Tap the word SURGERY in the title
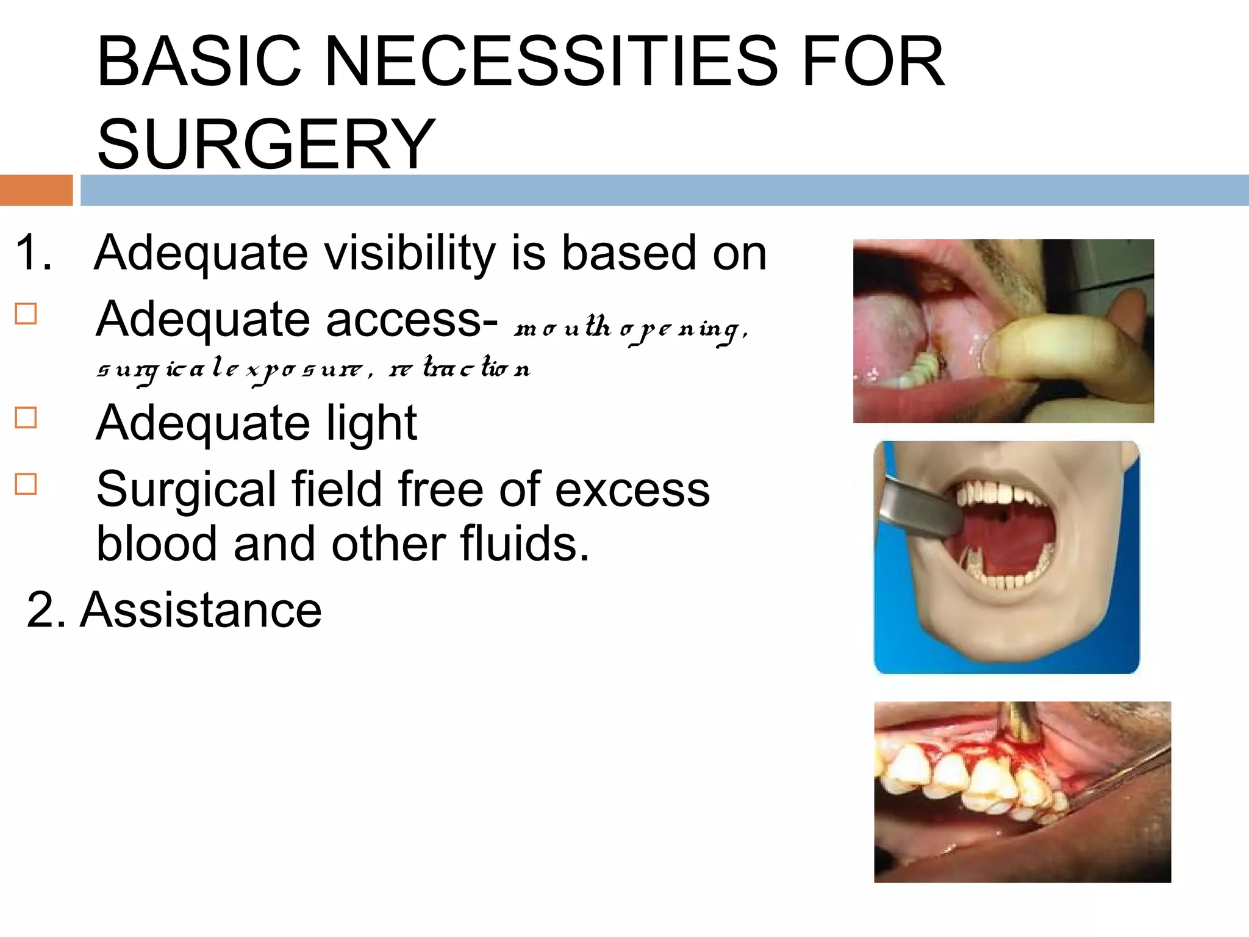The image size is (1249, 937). (x=266, y=144)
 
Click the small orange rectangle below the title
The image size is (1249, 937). (x=36, y=190)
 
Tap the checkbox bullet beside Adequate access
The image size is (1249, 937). (x=26, y=314)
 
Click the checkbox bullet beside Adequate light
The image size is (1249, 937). (x=26, y=418)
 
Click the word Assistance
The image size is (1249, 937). (x=201, y=609)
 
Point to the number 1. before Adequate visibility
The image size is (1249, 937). (x=34, y=253)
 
